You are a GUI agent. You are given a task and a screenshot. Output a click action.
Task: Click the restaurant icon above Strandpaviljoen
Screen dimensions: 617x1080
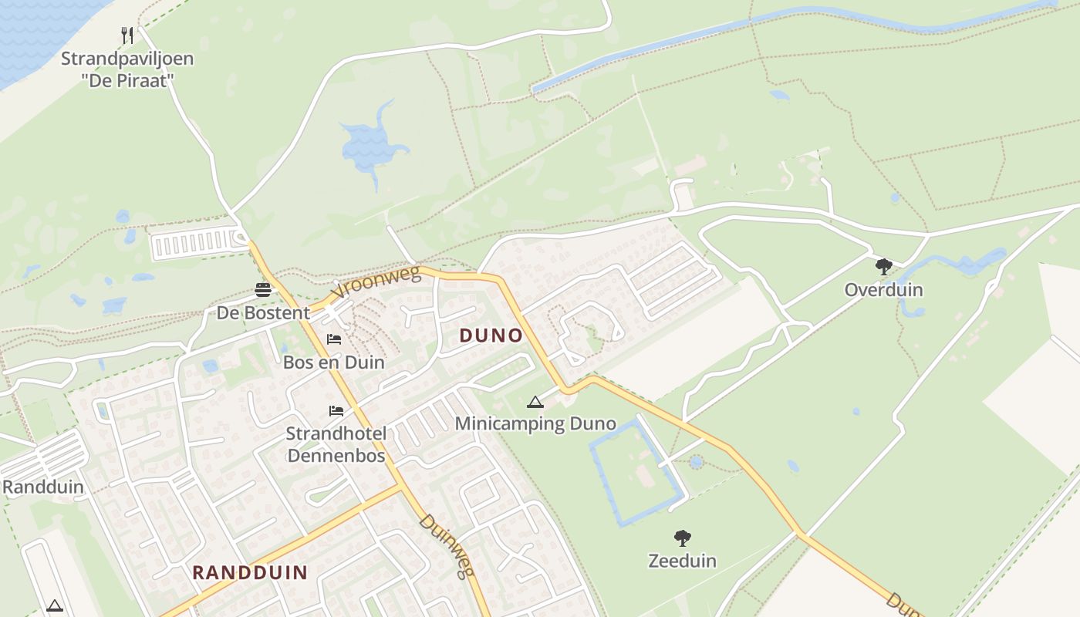click(x=128, y=35)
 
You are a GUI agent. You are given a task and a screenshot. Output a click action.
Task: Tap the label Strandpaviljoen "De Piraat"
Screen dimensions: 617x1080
click(x=127, y=69)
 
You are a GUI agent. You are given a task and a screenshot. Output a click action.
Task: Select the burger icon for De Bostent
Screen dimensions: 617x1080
click(x=263, y=290)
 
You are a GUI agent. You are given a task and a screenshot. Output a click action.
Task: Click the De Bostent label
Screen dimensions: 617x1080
click(x=263, y=312)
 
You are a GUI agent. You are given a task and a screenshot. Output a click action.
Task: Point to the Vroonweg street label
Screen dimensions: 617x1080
click(x=376, y=282)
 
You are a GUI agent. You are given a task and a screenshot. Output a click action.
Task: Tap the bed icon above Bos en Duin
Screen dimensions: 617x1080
click(x=334, y=339)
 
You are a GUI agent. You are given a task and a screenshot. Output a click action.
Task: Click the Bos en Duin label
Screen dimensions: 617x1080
click(x=334, y=362)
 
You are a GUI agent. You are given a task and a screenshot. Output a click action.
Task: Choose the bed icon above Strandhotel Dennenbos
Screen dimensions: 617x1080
click(x=336, y=410)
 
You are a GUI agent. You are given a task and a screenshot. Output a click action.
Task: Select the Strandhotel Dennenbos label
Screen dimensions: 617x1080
click(x=336, y=444)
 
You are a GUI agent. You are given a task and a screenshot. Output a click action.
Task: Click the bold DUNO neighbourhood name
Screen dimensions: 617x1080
click(x=491, y=335)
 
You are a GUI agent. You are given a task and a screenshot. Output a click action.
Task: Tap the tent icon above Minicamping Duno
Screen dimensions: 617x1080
click(x=535, y=402)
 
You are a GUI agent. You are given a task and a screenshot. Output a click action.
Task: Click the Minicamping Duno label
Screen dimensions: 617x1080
click(x=535, y=423)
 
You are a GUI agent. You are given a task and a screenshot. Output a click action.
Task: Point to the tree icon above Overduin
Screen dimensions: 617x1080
click(x=884, y=268)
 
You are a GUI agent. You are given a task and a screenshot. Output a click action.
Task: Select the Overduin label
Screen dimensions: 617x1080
click(x=884, y=290)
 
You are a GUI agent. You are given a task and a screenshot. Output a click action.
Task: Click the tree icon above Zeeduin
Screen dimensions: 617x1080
click(x=682, y=538)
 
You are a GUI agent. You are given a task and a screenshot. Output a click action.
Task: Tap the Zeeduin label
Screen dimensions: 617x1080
click(x=682, y=561)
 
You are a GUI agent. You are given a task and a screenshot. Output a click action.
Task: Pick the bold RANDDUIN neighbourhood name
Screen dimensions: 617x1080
click(x=250, y=572)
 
